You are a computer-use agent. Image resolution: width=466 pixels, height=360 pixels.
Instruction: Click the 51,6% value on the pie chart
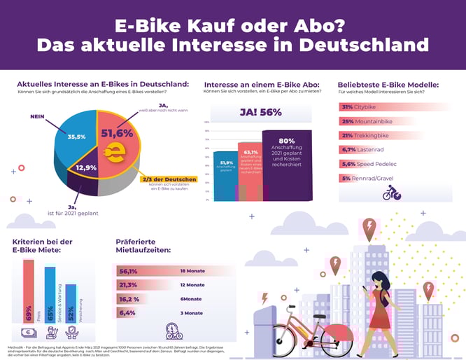pyautogui.click(x=117, y=133)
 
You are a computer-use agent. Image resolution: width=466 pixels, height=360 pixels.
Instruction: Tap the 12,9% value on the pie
pyautogui.click(x=86, y=168)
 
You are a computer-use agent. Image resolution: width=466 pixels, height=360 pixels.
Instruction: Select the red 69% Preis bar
pyautogui.click(x=29, y=291)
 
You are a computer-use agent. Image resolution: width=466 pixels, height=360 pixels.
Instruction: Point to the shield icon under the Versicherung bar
pyautogui.click(x=71, y=332)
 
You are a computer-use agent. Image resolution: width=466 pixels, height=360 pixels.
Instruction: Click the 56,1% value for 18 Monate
pyautogui.click(x=129, y=271)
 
